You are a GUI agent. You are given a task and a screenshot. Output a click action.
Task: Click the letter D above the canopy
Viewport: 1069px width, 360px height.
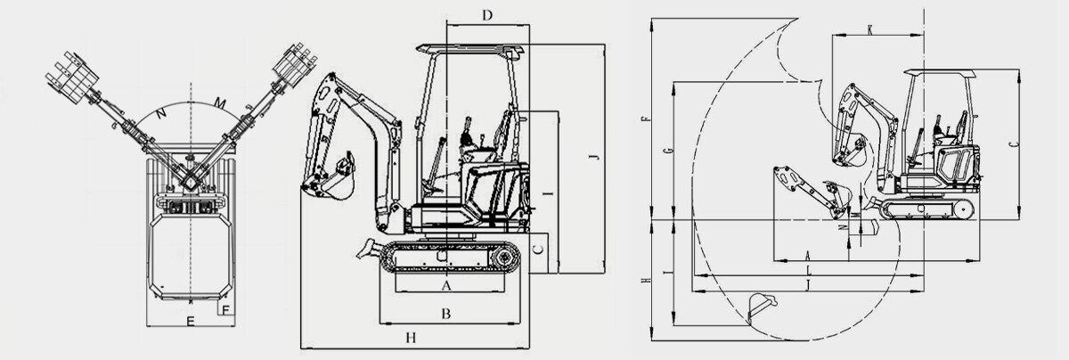[x=486, y=14]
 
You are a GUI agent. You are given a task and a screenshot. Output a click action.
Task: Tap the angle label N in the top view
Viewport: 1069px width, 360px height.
[x=160, y=113]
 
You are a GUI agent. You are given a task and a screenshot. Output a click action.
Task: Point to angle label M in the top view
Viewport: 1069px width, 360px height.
[x=219, y=105]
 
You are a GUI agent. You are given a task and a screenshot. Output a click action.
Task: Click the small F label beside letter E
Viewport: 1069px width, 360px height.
[x=225, y=309]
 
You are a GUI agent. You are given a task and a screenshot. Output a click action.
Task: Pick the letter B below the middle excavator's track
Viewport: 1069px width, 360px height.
[x=446, y=313]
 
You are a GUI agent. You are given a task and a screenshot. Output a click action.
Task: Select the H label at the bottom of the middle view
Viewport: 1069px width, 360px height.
[x=411, y=337]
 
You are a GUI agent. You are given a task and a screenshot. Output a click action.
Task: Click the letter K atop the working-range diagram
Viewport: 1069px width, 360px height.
[x=869, y=30]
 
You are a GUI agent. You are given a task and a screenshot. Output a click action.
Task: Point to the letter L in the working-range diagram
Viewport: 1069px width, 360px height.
[x=807, y=268]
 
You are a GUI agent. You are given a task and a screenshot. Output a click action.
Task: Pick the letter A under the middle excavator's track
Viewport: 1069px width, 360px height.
[x=447, y=285]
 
